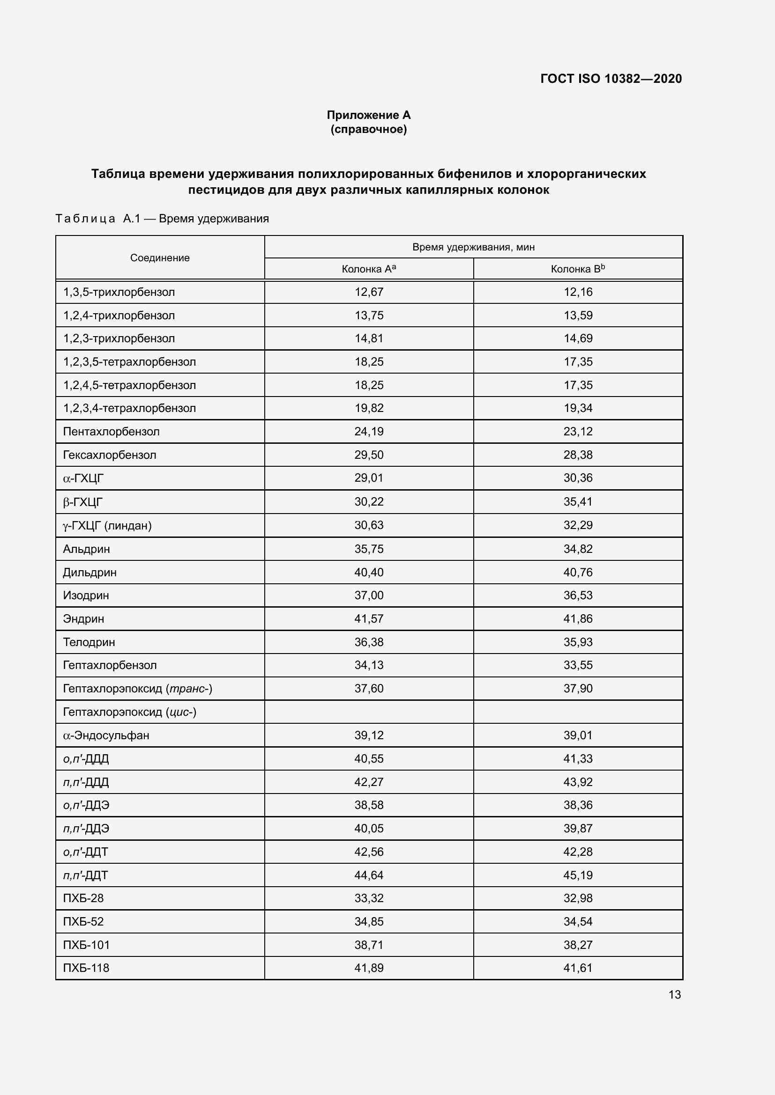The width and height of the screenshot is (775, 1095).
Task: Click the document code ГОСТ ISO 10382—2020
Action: pos(611,79)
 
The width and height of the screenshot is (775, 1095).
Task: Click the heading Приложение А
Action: pos(368,115)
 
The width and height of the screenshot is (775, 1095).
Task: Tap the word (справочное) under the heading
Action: pos(368,129)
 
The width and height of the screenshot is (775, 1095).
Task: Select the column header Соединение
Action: pos(160,258)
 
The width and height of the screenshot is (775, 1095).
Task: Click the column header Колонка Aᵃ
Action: pos(368,269)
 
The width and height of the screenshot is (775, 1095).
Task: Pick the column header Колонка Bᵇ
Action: pos(577,269)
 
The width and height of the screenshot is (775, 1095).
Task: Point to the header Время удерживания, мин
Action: pos(473,247)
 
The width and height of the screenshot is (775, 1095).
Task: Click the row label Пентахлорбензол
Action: pos(111,432)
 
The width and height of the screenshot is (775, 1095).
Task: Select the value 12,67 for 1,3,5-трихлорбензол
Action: pos(368,292)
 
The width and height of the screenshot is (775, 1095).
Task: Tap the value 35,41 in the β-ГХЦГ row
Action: pos(577,502)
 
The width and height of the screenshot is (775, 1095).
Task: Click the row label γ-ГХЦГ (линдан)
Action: pos(107,526)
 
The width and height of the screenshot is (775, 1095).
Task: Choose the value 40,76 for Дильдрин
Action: pos(577,572)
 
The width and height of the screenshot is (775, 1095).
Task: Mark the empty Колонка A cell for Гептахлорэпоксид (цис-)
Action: pos(368,712)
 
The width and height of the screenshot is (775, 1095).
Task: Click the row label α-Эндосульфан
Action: pos(106,735)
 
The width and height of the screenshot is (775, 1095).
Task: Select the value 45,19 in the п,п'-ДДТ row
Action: pos(577,875)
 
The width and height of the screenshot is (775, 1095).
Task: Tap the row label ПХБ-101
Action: pos(86,945)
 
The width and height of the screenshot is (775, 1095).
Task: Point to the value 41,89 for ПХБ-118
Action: pos(368,968)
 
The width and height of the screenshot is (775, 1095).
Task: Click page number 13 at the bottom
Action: pos(674,994)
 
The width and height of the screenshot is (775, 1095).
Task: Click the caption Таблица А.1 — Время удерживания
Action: pos(162,219)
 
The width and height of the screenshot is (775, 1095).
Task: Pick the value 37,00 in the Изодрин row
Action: pos(368,595)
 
